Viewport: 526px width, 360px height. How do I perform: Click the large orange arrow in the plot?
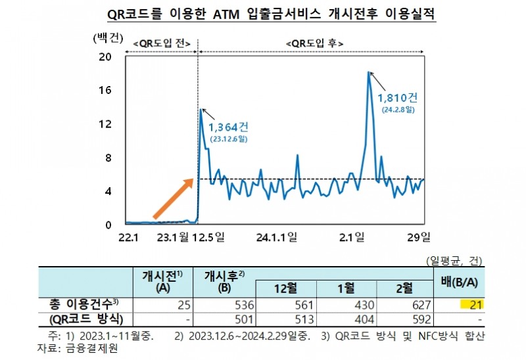click(x=173, y=198)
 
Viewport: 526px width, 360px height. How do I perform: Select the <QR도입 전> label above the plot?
click(x=161, y=44)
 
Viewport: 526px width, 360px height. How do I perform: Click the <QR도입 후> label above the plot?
click(x=315, y=44)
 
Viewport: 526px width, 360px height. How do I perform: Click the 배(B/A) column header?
click(x=460, y=283)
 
